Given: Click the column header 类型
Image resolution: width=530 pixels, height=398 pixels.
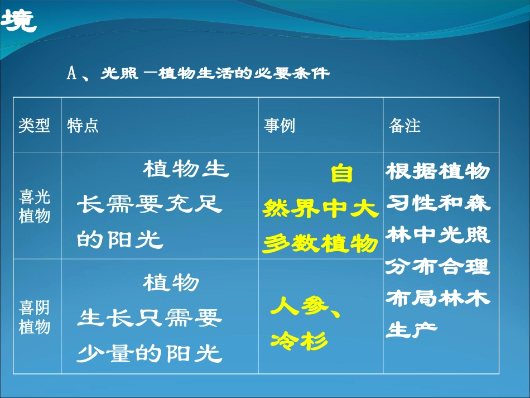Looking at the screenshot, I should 34,126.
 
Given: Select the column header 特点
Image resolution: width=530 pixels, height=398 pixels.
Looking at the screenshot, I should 83,126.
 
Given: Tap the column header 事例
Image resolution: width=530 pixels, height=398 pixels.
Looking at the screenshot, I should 280,126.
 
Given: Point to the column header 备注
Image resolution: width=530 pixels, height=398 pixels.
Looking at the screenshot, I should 404,126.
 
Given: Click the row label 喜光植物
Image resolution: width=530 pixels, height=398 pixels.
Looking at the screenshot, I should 35,207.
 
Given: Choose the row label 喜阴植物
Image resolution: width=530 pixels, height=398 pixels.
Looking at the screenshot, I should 35,317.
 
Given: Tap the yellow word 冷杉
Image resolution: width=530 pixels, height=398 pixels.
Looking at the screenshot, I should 299,341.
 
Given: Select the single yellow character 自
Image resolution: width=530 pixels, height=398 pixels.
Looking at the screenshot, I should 341,174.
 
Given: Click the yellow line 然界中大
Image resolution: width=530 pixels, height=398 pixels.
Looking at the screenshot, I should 321,210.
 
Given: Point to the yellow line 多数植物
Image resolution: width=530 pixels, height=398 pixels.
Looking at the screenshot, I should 321,244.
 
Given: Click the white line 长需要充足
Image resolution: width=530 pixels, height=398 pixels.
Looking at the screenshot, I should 150,205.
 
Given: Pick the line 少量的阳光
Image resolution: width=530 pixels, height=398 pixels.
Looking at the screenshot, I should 150,353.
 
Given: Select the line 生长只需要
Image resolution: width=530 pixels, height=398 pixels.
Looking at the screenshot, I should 150,319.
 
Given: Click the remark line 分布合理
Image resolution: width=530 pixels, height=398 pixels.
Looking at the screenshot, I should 438,266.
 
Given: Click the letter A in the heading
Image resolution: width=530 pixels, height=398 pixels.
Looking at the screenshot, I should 71,74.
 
